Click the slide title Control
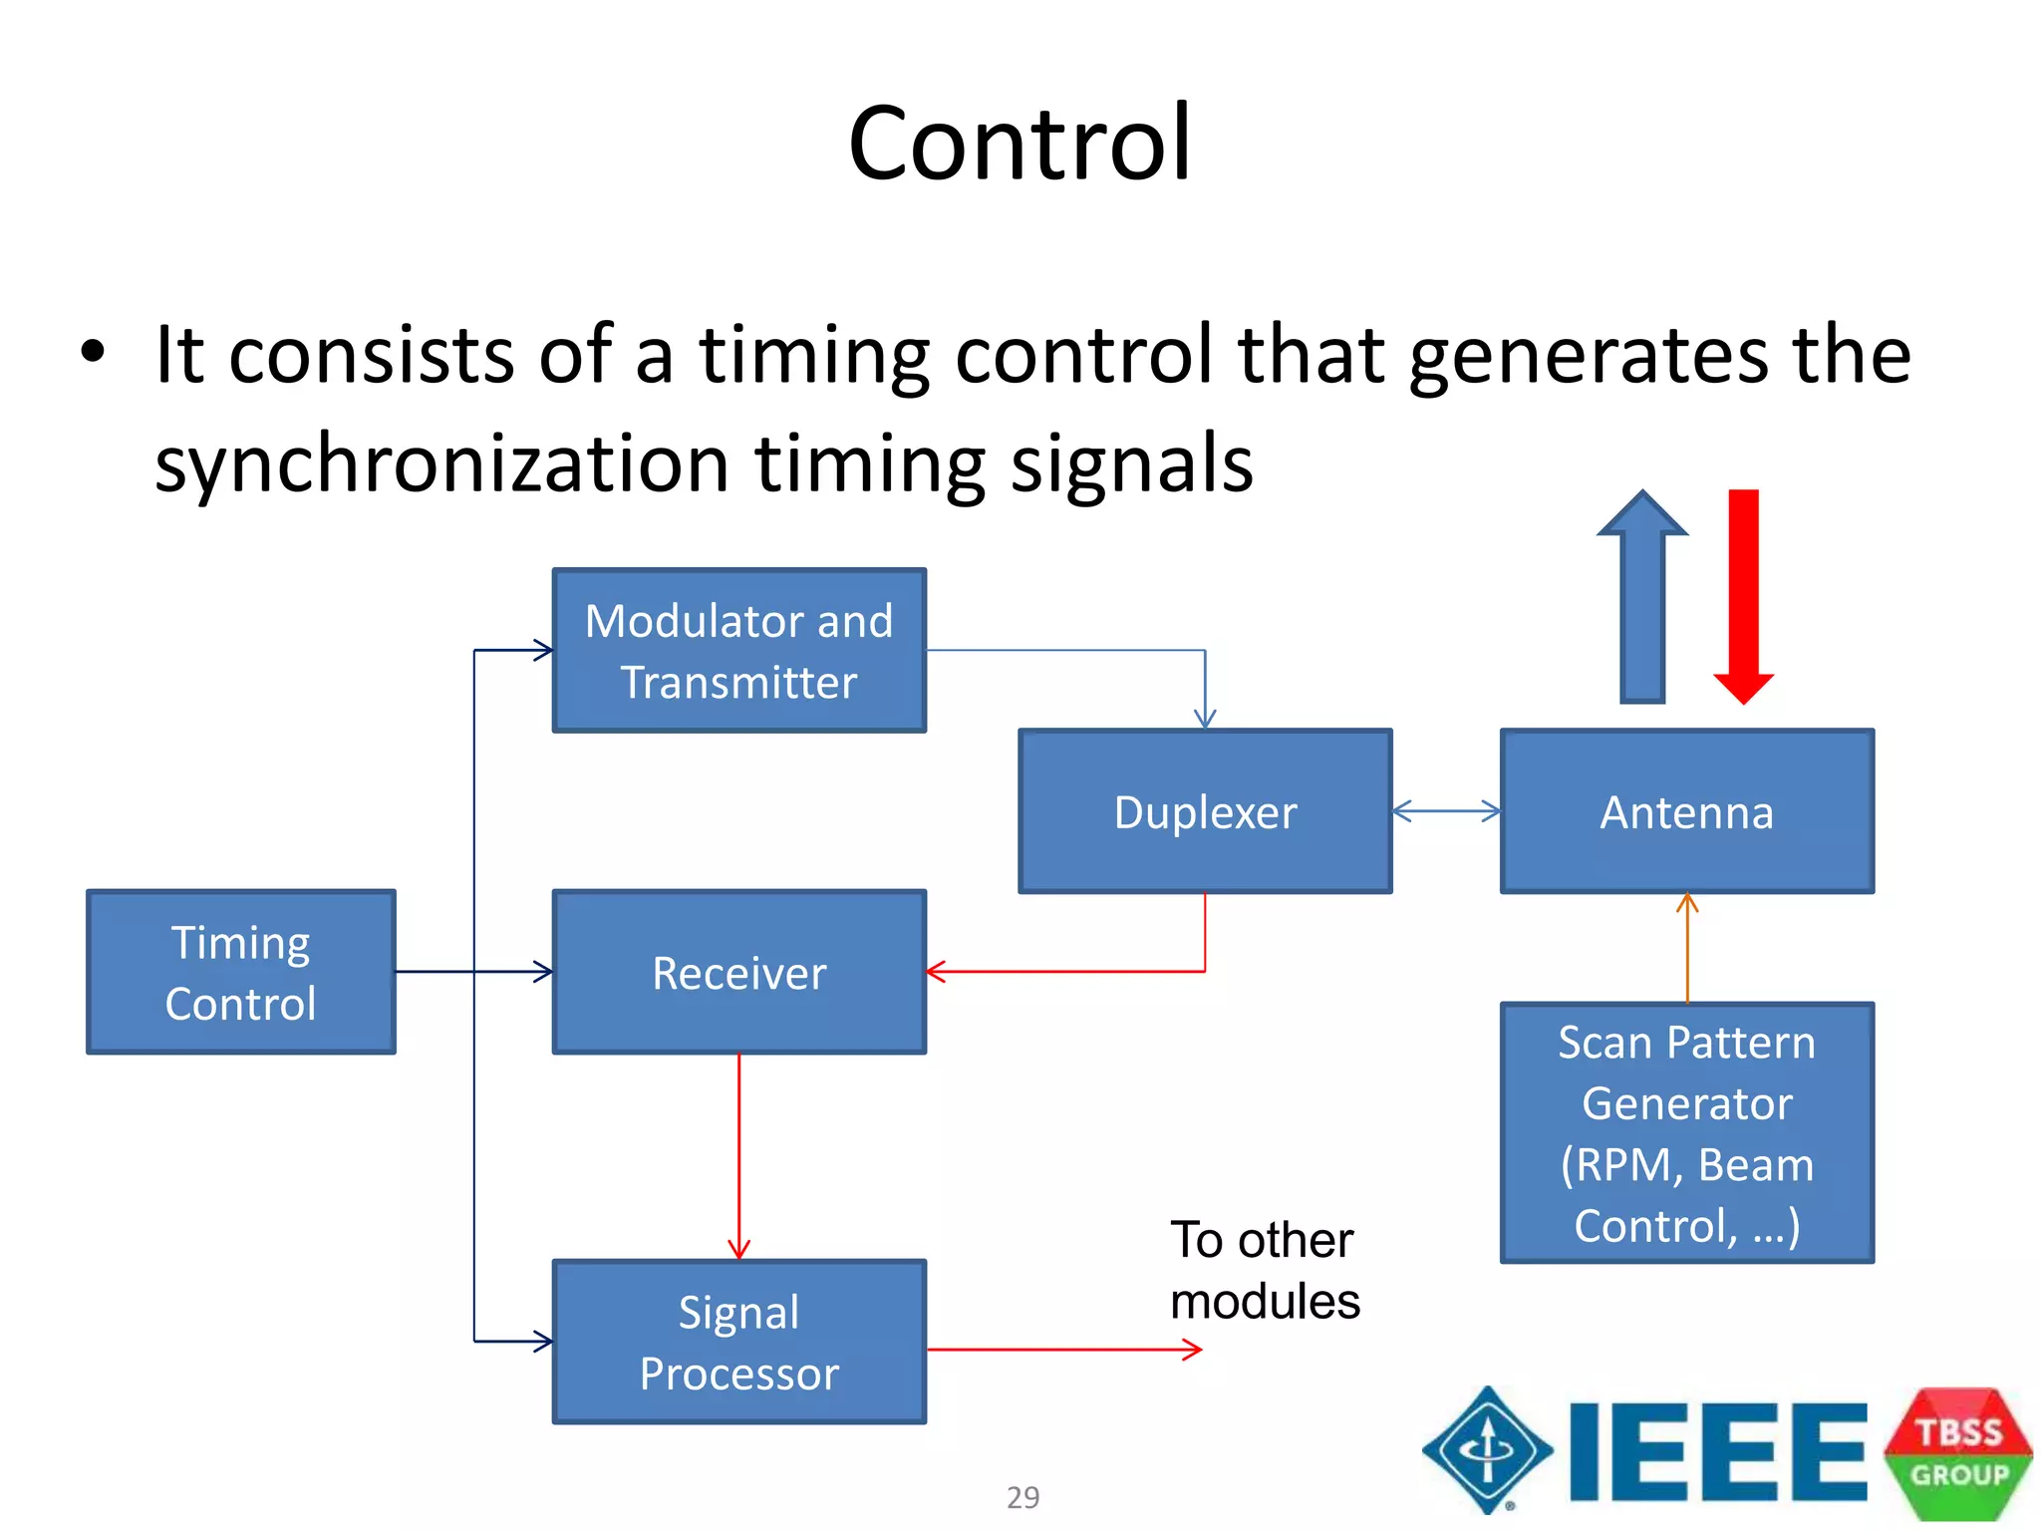click(x=1020, y=145)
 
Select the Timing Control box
click(x=241, y=972)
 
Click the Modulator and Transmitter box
click(x=739, y=651)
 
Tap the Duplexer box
click(x=1205, y=811)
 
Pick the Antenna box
click(x=1687, y=811)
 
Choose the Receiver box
click(x=739, y=972)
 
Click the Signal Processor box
click(x=739, y=1342)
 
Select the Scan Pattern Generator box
click(x=1687, y=1133)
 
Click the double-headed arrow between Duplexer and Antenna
click(x=1446, y=811)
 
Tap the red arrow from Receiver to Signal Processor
click(x=738, y=1156)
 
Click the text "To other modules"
click(x=1264, y=1271)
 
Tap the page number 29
click(x=1022, y=1497)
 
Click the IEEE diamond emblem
click(x=1487, y=1449)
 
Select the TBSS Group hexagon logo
click(x=1958, y=1453)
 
